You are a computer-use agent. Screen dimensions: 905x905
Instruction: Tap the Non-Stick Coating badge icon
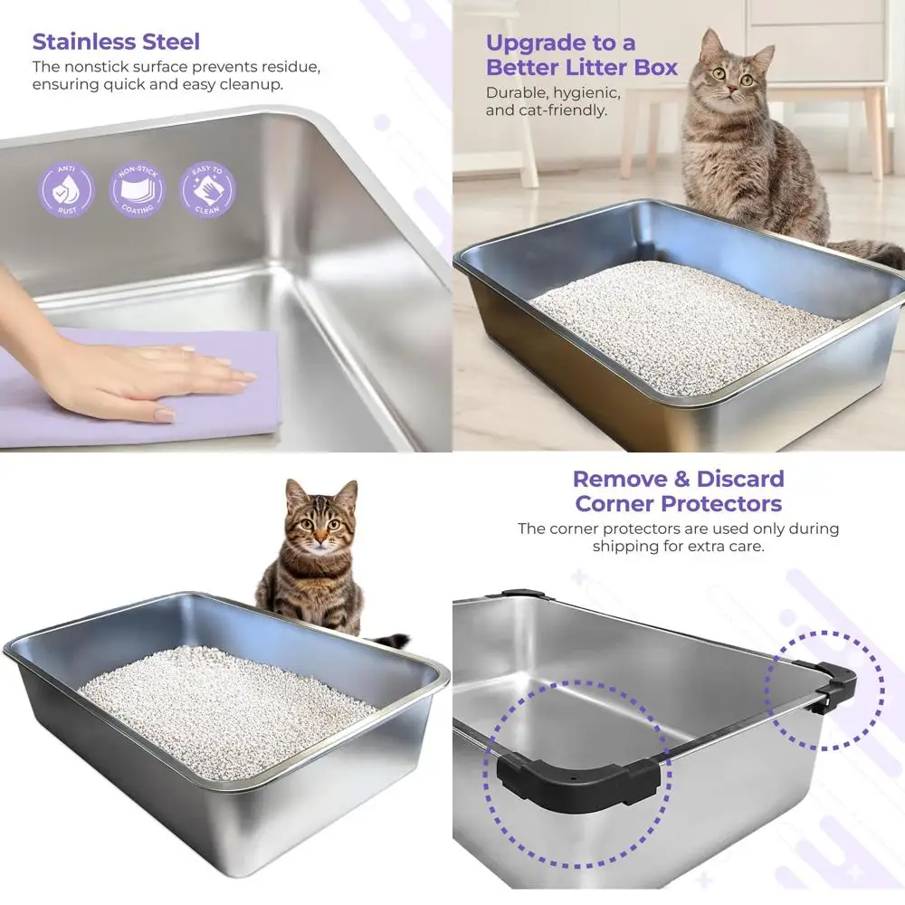tap(138, 190)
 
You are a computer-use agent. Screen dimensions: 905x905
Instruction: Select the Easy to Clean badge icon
tap(207, 190)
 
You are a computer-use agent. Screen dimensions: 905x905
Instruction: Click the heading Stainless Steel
tap(116, 42)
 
